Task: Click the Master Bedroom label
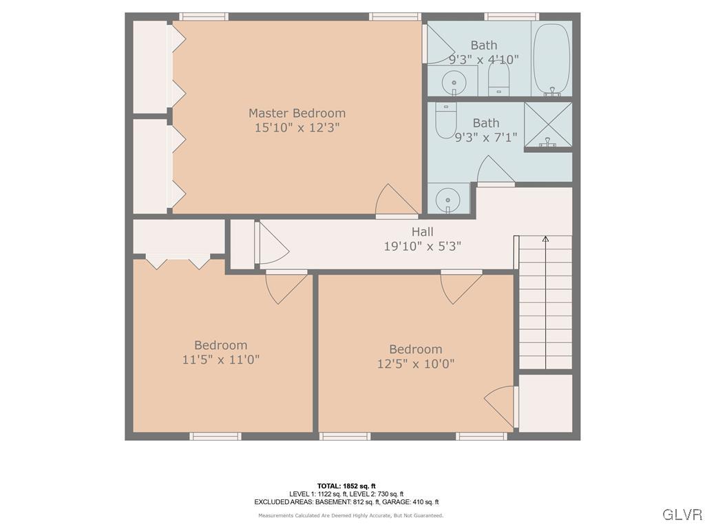click(x=297, y=113)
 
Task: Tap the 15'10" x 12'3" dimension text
click(x=297, y=128)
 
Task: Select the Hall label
click(x=422, y=231)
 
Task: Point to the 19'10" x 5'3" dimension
click(x=422, y=246)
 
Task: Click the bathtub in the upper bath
click(x=551, y=59)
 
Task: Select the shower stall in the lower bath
click(x=548, y=125)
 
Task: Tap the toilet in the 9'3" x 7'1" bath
click(x=446, y=120)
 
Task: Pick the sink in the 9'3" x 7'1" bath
click(x=448, y=200)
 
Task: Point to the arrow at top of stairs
click(x=545, y=240)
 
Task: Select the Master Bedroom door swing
click(x=394, y=200)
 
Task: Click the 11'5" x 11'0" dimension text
click(x=220, y=360)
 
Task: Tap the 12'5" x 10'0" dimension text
click(x=415, y=364)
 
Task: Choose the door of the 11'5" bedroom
click(x=285, y=286)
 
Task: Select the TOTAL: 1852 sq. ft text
click(x=346, y=486)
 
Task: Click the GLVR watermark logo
click(x=682, y=515)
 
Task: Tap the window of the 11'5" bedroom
click(x=215, y=436)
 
